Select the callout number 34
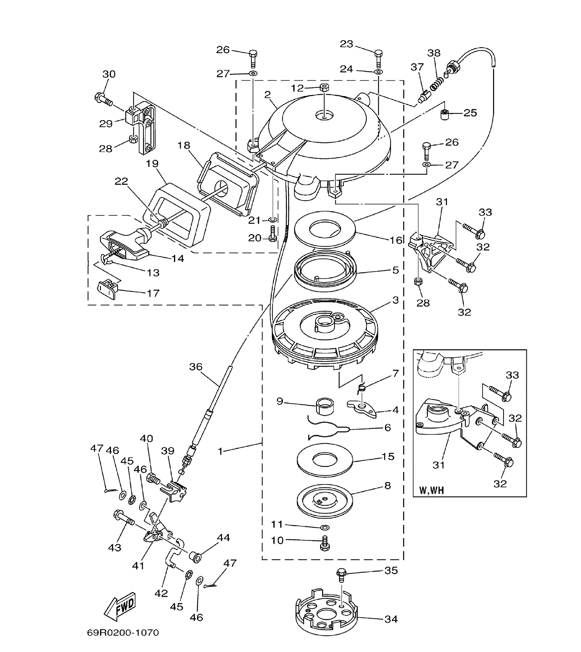[391, 619]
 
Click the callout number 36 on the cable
[195, 367]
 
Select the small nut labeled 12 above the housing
[325, 88]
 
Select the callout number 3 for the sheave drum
[396, 300]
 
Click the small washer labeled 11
[325, 527]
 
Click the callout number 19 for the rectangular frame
[152, 164]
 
